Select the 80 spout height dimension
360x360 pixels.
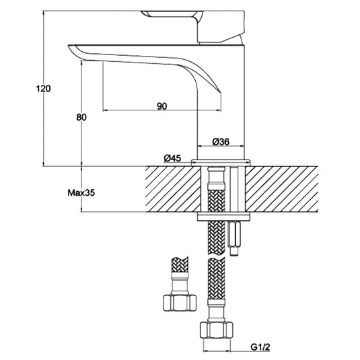pos(81,117)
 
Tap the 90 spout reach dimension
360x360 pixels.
pos(162,106)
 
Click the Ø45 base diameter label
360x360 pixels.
pos(173,158)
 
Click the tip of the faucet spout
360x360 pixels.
pos(73,47)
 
